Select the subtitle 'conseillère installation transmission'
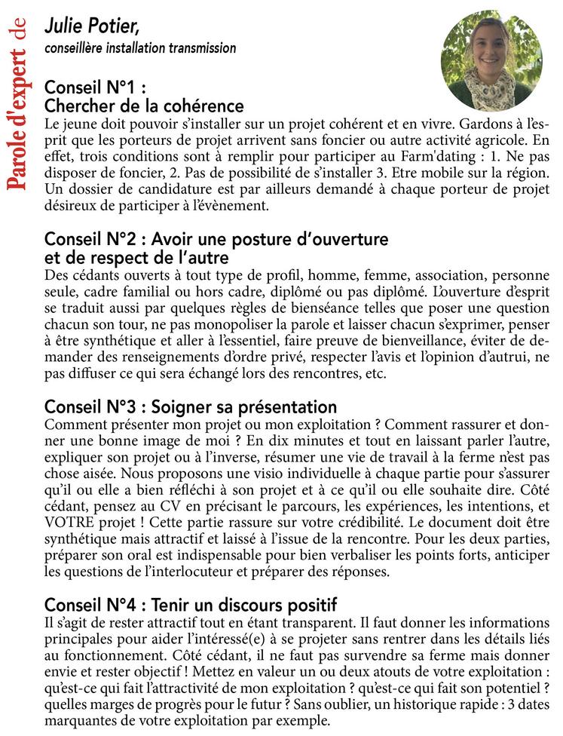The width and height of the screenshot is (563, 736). pos(140,49)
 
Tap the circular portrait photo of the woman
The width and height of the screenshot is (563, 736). pos(487,61)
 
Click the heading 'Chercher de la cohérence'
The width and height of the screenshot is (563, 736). pos(144,106)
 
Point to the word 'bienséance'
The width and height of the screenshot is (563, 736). pos(291,306)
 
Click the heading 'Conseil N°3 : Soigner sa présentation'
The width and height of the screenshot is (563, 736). pos(191,407)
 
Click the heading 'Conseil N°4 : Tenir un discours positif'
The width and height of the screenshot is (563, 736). pos(191,604)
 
